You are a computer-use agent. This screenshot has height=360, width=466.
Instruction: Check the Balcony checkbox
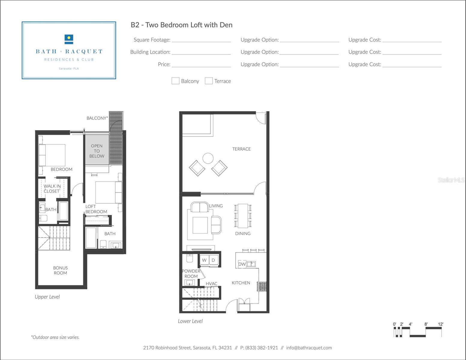tap(175, 81)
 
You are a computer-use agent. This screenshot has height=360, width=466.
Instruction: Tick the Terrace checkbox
tap(209, 81)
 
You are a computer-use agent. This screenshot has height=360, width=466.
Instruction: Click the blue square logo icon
tap(69, 39)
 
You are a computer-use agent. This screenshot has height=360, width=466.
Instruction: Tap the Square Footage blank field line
tap(201, 42)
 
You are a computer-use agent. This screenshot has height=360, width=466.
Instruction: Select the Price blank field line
tap(201, 67)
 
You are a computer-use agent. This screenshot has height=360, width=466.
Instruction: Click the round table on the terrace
tap(208, 158)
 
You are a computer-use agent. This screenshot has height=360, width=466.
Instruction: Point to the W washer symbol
tap(204, 260)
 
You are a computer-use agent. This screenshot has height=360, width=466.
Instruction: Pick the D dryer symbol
tap(213, 260)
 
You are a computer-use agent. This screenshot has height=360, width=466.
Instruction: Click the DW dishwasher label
tap(242, 264)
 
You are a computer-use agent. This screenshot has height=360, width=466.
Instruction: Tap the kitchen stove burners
tap(262, 286)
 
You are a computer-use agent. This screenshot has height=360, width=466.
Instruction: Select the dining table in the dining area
tap(243, 216)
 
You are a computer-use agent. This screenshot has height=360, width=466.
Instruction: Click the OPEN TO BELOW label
tap(97, 151)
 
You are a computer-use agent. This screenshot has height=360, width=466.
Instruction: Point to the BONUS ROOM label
tap(60, 270)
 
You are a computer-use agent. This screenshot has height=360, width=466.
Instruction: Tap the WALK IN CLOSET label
tap(52, 189)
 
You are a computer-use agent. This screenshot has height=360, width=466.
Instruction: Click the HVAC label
tap(212, 284)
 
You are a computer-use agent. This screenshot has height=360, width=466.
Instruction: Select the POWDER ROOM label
tap(191, 274)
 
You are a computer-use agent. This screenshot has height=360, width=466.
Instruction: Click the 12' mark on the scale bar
tap(440, 324)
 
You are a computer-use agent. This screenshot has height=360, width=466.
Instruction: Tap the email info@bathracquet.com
tap(309, 348)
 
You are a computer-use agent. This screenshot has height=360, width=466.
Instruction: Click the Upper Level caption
tap(47, 297)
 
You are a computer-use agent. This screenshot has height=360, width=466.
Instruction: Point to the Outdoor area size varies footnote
tap(55, 337)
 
